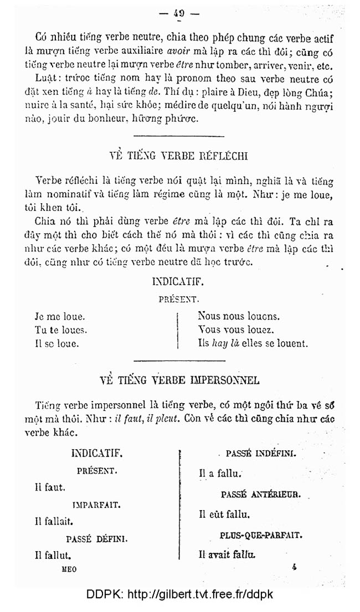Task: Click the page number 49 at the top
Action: click(x=179, y=14)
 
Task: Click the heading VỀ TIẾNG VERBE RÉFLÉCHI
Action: click(x=179, y=156)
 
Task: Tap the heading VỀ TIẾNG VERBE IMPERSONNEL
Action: click(x=179, y=380)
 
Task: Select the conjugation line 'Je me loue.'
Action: click(x=60, y=317)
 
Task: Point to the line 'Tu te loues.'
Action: click(x=61, y=330)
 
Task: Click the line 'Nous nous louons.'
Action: click(x=239, y=317)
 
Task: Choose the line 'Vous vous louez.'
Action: click(x=236, y=330)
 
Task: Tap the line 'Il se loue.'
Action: click(x=56, y=343)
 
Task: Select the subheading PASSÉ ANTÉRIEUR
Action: click(x=260, y=494)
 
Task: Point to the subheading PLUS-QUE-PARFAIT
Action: click(x=260, y=536)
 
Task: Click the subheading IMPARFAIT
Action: click(x=97, y=505)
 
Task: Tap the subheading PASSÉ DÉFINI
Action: click(x=97, y=538)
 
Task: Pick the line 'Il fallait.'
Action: click(x=54, y=521)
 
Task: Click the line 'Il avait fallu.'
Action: click(x=227, y=553)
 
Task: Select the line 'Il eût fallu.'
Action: click(x=224, y=515)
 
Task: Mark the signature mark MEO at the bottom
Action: click(x=69, y=569)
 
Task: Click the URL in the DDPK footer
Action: click(x=200, y=595)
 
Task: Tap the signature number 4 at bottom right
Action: click(x=294, y=567)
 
